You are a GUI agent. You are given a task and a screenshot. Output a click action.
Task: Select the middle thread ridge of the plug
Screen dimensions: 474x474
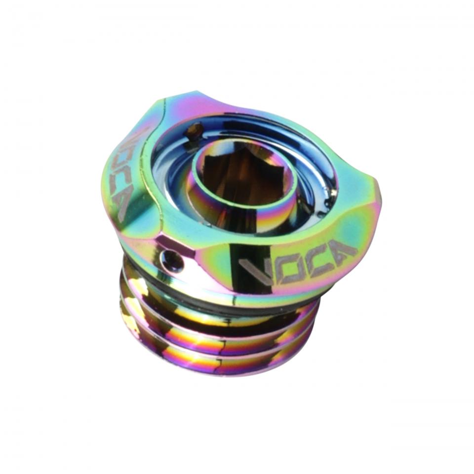[x=217, y=341]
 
